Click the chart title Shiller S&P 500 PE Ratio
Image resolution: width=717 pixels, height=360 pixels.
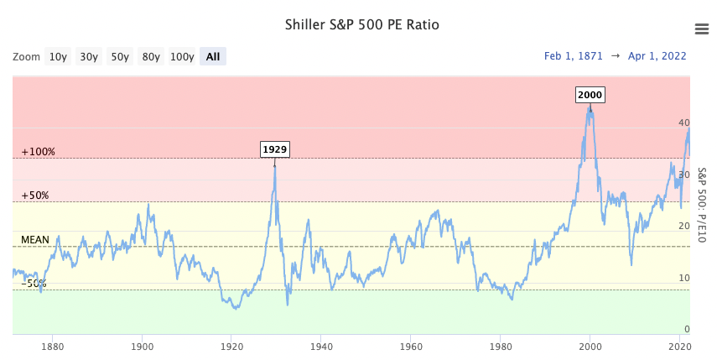pyautogui.click(x=361, y=24)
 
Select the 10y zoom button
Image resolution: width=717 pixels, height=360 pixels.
pyautogui.click(x=58, y=57)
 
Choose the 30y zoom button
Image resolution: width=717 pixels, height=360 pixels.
pyautogui.click(x=89, y=57)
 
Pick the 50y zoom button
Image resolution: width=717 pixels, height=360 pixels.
pyautogui.click(x=120, y=57)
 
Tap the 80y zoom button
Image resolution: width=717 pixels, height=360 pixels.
pyautogui.click(x=151, y=57)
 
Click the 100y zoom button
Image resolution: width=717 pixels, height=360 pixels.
pyautogui.click(x=182, y=57)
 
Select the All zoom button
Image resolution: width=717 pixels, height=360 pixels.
pyautogui.click(x=213, y=57)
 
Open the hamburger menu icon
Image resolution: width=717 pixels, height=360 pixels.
pyautogui.click(x=702, y=29)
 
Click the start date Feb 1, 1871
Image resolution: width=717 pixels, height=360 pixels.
pyautogui.click(x=574, y=56)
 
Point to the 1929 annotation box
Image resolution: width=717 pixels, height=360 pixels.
pyautogui.click(x=275, y=149)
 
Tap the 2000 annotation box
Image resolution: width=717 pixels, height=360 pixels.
pyautogui.click(x=590, y=95)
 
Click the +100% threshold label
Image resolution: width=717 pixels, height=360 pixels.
pyautogui.click(x=39, y=152)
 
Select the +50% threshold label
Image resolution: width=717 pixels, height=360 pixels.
pyautogui.click(x=35, y=196)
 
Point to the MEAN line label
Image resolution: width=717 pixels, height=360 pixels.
pyautogui.click(x=35, y=239)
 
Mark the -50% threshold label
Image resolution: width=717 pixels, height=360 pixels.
pyautogui.click(x=34, y=284)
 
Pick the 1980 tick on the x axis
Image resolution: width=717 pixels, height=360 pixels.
pyautogui.click(x=500, y=345)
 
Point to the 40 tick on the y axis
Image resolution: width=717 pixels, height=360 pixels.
pyautogui.click(x=683, y=123)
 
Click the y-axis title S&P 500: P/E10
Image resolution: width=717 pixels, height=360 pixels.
pyautogui.click(x=702, y=205)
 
